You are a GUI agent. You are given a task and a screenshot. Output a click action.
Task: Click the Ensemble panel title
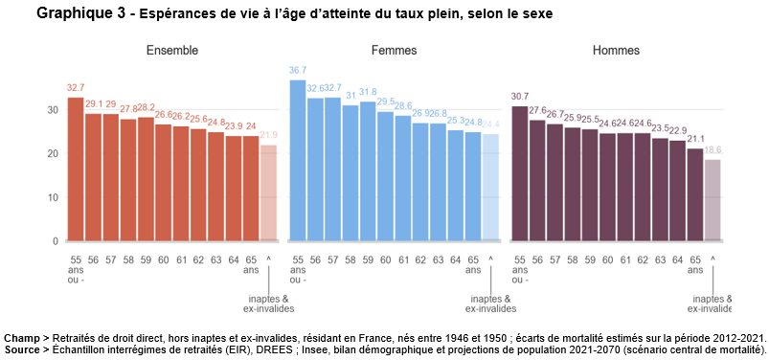pyautogui.click(x=171, y=50)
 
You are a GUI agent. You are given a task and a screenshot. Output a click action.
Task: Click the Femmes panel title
pyautogui.click(x=394, y=50)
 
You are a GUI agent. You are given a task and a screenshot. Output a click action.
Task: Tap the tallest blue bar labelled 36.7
pyautogui.click(x=298, y=161)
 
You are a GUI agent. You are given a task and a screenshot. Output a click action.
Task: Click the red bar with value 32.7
pyautogui.click(x=76, y=169)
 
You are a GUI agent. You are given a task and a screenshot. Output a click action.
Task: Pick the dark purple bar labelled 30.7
pyautogui.click(x=520, y=173)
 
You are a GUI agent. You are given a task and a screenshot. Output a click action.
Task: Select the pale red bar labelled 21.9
pyautogui.click(x=269, y=192)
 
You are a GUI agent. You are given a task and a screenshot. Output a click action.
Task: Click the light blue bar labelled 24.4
pyautogui.click(x=490, y=188)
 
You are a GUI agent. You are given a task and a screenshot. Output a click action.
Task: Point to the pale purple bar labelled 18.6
pyautogui.click(x=713, y=200)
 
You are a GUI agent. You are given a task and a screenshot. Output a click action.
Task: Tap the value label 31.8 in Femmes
pyautogui.click(x=368, y=93)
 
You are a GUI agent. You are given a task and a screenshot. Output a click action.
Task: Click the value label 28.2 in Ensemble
pyautogui.click(x=146, y=108)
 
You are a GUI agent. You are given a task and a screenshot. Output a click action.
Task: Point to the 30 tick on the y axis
pyautogui.click(x=52, y=110)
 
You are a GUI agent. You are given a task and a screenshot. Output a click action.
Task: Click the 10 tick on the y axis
pyautogui.click(x=52, y=197)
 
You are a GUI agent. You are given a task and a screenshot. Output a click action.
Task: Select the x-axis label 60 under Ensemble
pyautogui.click(x=163, y=259)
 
